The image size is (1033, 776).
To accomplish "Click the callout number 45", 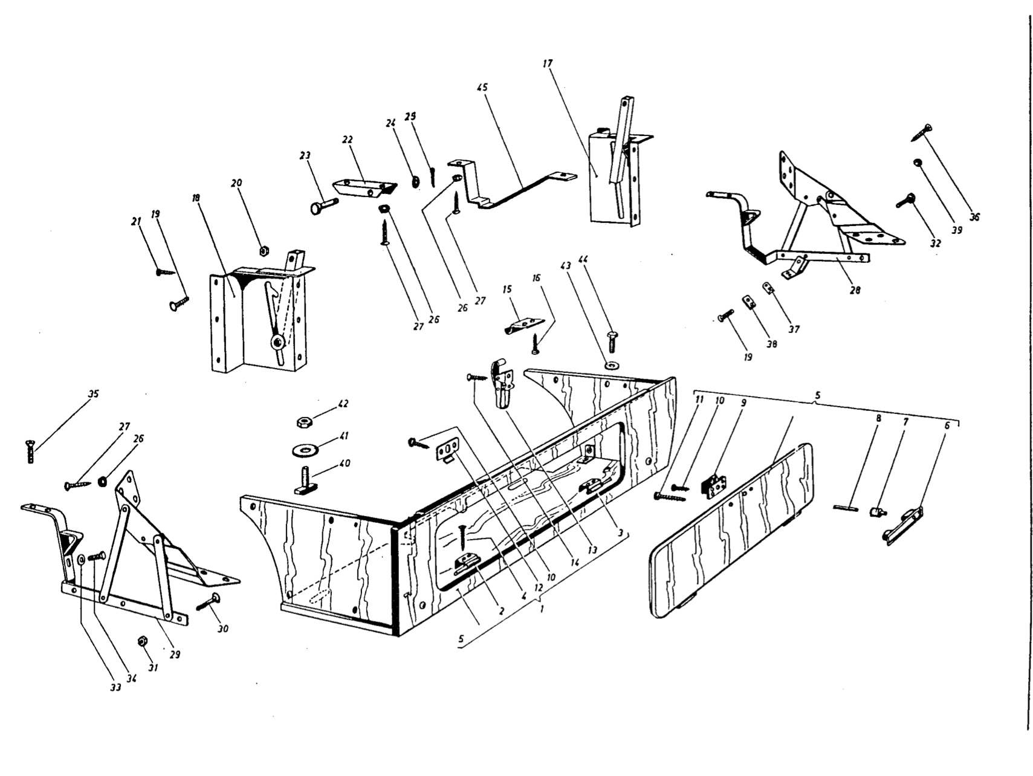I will [x=482, y=87].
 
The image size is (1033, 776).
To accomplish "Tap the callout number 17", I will [x=548, y=63].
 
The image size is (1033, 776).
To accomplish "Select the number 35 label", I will [x=93, y=394].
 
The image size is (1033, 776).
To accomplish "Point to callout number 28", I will [x=854, y=291].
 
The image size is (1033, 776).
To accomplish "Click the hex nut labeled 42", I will [x=304, y=421].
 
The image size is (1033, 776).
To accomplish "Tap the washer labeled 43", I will [x=610, y=366].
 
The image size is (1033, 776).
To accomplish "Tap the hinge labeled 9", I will [x=716, y=485].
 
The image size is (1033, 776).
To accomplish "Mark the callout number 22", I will [x=347, y=140].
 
